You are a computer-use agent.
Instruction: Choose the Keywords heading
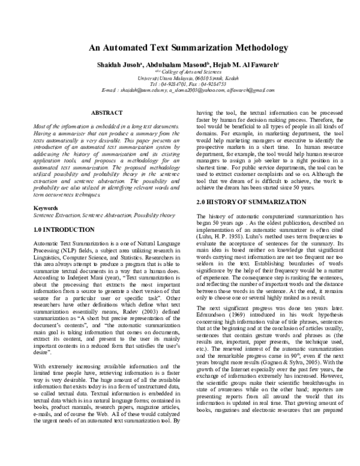click(43, 208)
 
